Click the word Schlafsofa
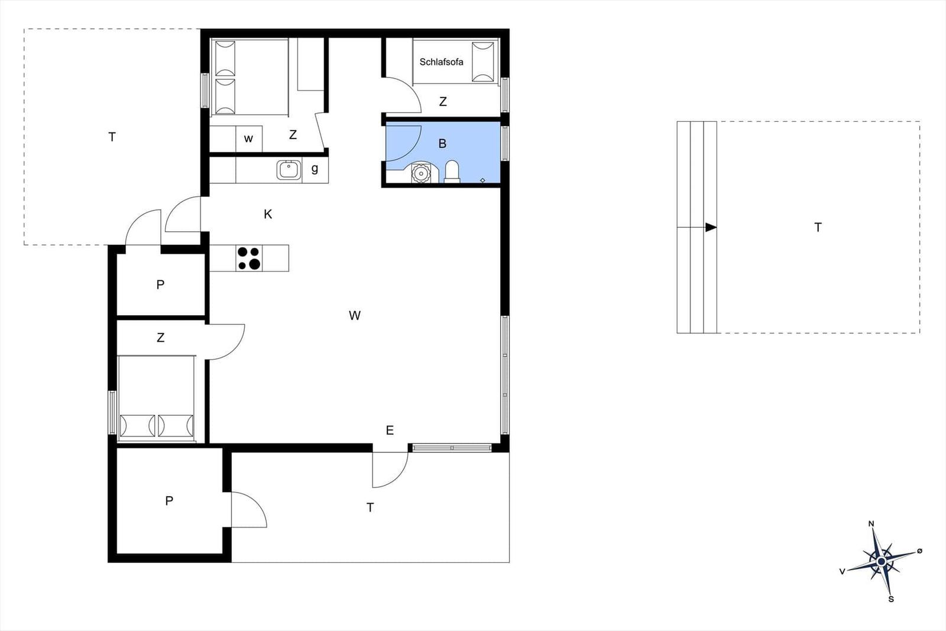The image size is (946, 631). click(x=441, y=62)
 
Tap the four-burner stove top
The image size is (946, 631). click(x=249, y=258)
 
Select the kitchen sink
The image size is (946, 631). click(x=289, y=170)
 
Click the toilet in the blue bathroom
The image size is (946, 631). click(x=452, y=171)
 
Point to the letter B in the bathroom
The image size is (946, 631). click(x=442, y=144)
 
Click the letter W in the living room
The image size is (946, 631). click(x=355, y=316)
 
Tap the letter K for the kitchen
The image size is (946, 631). click(x=268, y=214)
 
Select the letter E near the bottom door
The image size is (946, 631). click(x=390, y=431)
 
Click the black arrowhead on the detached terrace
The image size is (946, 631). click(x=711, y=228)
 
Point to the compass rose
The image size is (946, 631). click(x=881, y=561)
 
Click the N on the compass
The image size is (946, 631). click(x=871, y=524)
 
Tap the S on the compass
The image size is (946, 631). click(x=891, y=599)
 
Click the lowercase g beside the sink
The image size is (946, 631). click(x=315, y=169)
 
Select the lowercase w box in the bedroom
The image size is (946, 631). click(x=248, y=139)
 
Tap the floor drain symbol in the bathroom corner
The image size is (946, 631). click(x=483, y=180)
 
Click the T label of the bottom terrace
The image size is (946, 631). click(x=370, y=507)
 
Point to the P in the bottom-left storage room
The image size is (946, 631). click(x=169, y=501)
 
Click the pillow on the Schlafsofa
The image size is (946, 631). click(x=482, y=62)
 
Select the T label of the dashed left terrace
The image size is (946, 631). click(x=112, y=137)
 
